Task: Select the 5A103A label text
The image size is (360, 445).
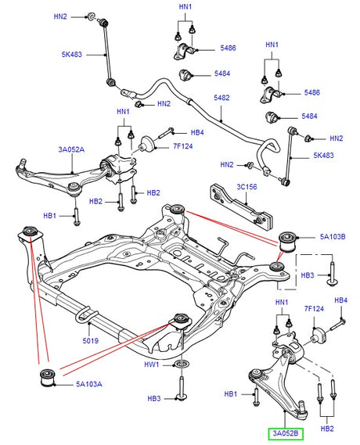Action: [89, 384]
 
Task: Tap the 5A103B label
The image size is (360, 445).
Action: [333, 237]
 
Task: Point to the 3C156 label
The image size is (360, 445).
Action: [247, 187]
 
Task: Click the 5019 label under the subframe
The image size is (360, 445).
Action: [90, 340]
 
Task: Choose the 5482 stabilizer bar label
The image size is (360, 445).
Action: [221, 98]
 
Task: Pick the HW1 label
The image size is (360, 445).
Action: [152, 364]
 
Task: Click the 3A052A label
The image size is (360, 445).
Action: [71, 149]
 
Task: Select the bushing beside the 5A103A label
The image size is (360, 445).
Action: [48, 378]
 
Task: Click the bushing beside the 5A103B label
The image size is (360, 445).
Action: [287, 242]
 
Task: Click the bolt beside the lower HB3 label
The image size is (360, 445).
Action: [182, 388]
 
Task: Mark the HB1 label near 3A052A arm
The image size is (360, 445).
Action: [49, 216]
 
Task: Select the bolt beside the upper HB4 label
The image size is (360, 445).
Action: [165, 134]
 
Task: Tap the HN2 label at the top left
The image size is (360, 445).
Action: [60, 16]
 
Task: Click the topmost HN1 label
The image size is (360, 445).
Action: [185, 7]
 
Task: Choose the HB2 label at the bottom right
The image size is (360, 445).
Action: [327, 429]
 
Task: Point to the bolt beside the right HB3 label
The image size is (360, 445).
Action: [332, 275]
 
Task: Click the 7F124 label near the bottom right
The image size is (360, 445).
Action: [314, 308]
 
